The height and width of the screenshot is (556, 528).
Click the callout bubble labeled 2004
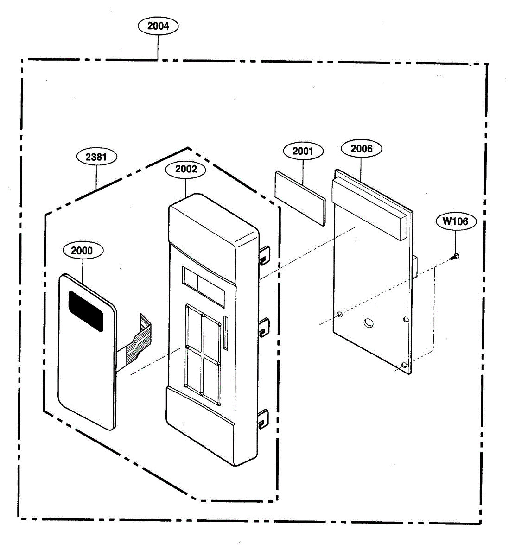click(158, 26)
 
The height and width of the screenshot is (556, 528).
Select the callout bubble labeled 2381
click(96, 157)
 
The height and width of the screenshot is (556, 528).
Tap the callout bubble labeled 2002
click(186, 169)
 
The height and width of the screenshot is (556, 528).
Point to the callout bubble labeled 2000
click(82, 251)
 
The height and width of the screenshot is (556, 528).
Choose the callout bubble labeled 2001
click(303, 151)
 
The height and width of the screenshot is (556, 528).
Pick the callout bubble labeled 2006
click(362, 149)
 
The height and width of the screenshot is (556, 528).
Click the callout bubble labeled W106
click(455, 221)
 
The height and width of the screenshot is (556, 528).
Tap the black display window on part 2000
click(86, 311)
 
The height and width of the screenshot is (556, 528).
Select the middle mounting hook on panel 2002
click(264, 328)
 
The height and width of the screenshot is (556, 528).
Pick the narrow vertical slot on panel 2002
click(226, 333)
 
